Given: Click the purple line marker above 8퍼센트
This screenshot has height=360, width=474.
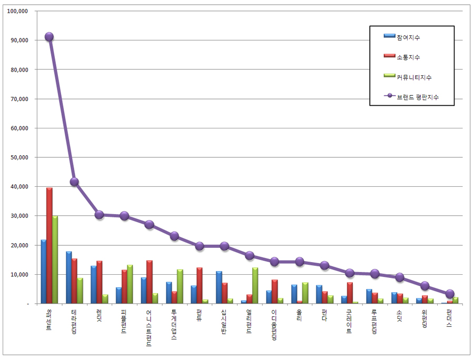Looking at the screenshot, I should pos(49,37).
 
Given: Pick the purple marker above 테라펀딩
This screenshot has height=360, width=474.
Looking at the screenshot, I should pos(74,182).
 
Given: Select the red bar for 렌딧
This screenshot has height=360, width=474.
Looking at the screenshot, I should pos(99,282).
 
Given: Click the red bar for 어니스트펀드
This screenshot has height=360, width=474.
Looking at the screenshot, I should pos(149,282).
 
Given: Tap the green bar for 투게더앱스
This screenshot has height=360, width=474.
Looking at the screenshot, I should pos(180,286).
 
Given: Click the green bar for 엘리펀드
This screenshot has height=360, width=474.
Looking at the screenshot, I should pos(255,286).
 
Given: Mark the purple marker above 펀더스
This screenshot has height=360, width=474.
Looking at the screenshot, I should pos(450,294).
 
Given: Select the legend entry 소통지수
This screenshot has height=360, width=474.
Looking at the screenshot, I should pos(408,57).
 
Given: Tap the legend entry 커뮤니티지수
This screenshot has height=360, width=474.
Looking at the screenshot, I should pos(414,77).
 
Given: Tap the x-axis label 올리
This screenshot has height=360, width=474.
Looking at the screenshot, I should pos(299,319).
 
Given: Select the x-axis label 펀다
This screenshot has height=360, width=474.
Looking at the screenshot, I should pos(324,319).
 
